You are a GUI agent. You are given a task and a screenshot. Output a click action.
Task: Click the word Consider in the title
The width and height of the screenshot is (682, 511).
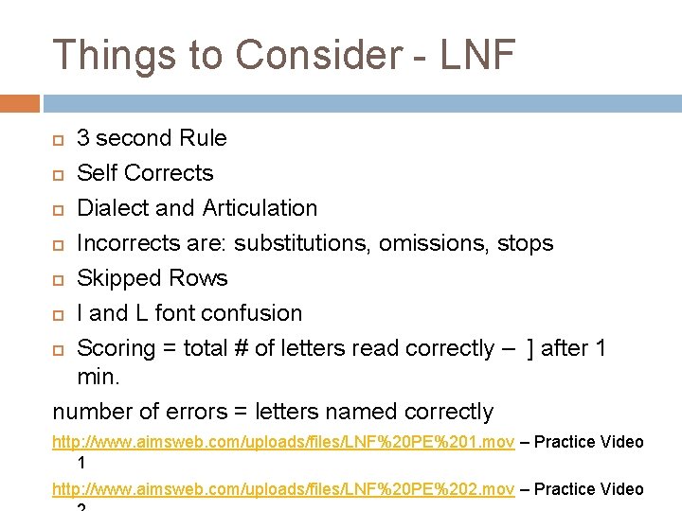pyautogui.click(x=317, y=55)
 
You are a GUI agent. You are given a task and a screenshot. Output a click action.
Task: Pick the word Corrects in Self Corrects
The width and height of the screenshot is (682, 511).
pyautogui.click(x=169, y=173)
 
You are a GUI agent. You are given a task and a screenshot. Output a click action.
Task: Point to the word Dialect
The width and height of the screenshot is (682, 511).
pyautogui.click(x=112, y=208)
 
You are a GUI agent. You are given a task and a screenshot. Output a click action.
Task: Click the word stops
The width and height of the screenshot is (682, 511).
pyautogui.click(x=525, y=244)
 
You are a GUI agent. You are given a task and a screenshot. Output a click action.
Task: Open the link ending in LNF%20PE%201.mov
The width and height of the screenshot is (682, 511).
pyautogui.click(x=283, y=442)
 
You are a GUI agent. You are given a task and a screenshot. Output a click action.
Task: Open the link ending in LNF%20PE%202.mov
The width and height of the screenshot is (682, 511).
pyautogui.click(x=283, y=489)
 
